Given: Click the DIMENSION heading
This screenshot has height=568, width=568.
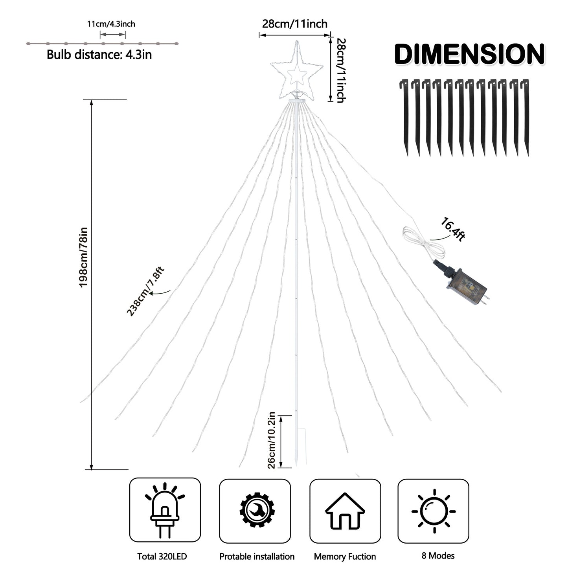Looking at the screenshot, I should tap(469, 54).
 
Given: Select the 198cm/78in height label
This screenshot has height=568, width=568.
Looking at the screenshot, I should tap(83, 257).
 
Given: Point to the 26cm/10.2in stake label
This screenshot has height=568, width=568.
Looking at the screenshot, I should tap(271, 440).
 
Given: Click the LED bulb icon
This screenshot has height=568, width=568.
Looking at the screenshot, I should tap(165, 511).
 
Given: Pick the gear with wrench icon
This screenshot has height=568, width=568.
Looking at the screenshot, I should tap(257, 510).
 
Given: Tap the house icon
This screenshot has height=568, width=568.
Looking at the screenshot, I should tap(345, 511).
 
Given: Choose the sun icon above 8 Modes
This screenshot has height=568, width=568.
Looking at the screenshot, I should tap(434, 511).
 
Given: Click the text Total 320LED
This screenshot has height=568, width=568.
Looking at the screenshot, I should tap(162, 556).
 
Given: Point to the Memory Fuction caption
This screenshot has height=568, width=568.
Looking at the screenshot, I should tap(345, 556).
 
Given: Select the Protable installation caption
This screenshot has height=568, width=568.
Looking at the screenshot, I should tap(257, 556).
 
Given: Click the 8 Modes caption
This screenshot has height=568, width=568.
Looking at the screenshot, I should tap(438, 555).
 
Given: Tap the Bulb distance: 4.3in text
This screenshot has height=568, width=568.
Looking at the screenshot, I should tap(99, 54).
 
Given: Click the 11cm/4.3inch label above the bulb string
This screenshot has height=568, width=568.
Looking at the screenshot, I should tap(111, 24).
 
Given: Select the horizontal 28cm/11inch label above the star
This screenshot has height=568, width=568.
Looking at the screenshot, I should tap(295, 24).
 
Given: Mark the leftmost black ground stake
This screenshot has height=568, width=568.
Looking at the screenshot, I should tap(404, 117).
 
